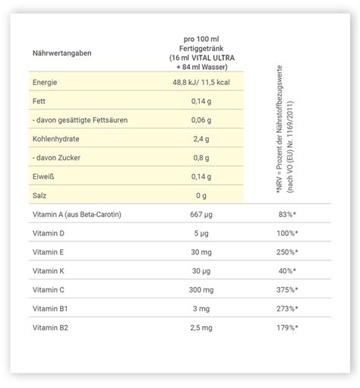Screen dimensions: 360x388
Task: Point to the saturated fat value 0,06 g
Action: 201,120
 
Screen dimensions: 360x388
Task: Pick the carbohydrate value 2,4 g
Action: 201,139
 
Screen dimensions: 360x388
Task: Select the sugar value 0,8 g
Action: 201,158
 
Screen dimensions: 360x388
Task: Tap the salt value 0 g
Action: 201,196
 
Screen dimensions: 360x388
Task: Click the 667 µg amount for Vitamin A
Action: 201,215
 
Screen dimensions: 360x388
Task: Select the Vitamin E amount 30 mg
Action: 201,252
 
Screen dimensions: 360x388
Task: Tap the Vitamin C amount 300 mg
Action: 201,290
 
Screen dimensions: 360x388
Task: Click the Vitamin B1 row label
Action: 52,309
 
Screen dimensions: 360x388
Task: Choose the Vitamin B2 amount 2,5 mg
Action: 201,328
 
